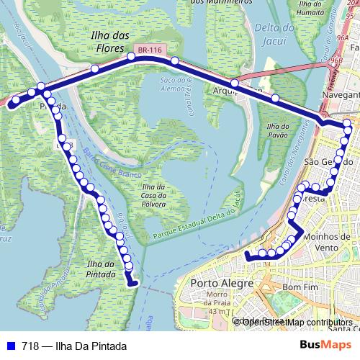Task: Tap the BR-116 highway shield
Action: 156,49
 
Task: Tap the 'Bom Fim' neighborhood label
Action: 300,287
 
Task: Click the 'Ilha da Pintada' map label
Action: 100,269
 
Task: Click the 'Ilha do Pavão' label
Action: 277,130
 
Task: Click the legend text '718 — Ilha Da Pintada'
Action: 68,346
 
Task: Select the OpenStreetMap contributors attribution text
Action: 297,322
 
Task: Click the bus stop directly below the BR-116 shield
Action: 174,61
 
